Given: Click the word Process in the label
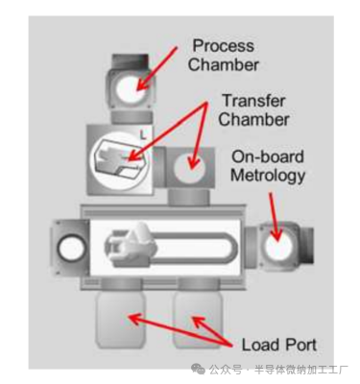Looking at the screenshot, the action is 224,46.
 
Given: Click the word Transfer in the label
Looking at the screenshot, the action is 253,101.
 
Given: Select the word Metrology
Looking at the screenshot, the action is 268,177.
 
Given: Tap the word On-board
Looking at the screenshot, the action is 268,157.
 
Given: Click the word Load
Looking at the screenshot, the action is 260,345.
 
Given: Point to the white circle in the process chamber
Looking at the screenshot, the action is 131,88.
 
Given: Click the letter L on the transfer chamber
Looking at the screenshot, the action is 143,135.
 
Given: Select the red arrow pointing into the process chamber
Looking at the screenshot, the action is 156,69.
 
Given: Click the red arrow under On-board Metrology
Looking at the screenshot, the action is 275,217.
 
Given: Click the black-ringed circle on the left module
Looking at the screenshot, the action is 71,249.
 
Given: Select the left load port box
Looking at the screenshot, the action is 121,320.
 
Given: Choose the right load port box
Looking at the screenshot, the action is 198,320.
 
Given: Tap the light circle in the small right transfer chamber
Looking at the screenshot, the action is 189,167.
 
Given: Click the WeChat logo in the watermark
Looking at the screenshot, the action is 199,369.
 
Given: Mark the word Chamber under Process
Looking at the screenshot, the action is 223,65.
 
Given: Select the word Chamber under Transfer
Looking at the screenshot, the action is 253,120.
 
